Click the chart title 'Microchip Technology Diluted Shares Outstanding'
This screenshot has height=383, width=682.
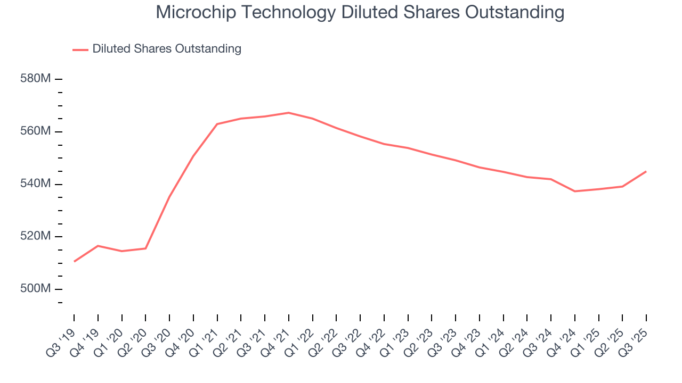[x=360, y=12]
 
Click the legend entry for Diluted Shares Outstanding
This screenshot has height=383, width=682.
[x=166, y=49]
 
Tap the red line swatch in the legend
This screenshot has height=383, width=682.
[x=80, y=49]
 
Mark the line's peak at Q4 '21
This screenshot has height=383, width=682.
[x=288, y=113]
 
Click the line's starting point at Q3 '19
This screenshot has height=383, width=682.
[x=74, y=261]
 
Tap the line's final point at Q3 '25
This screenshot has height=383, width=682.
[x=646, y=171]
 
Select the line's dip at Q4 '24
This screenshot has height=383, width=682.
[x=574, y=191]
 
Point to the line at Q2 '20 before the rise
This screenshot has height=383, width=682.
[x=145, y=248]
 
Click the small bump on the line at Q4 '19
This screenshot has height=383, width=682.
[x=98, y=246]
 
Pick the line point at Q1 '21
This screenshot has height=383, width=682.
[x=217, y=124]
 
